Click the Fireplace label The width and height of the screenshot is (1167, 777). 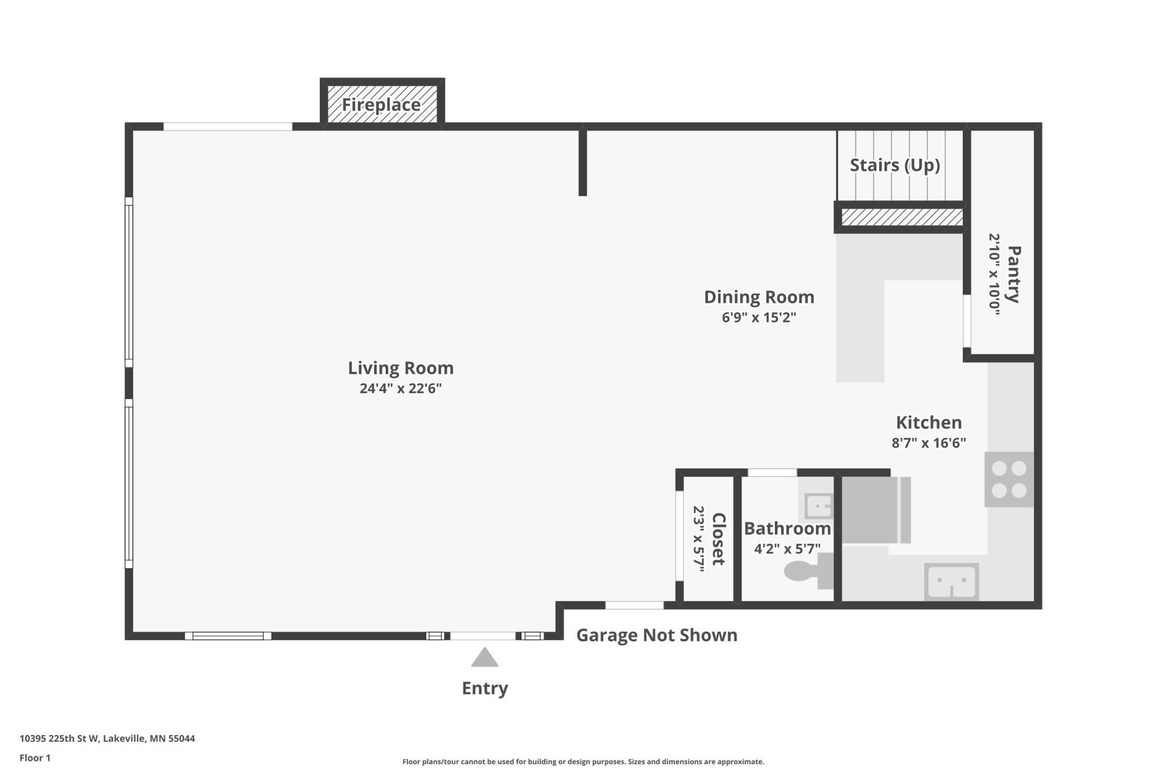(382, 105)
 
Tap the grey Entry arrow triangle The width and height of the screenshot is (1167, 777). (485, 658)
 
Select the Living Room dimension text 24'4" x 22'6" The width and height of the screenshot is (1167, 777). (401, 388)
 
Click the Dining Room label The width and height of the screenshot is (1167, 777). (759, 297)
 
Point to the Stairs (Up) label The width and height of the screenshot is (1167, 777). (895, 165)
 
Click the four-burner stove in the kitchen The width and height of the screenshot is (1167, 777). (1009, 479)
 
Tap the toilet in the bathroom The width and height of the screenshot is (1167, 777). (808, 571)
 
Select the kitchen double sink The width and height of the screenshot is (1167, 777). (952, 582)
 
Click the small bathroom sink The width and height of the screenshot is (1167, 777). (819, 507)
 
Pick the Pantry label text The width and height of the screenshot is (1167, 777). (1014, 274)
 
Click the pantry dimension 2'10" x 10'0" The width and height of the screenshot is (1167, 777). (994, 274)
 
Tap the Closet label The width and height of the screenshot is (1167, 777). (719, 539)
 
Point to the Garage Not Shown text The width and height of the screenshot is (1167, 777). (657, 635)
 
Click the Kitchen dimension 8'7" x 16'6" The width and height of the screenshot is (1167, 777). (929, 443)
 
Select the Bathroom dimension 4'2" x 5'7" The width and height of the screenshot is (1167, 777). (787, 548)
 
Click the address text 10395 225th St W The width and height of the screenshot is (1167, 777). (59, 738)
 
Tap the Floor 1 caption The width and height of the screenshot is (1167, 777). (35, 758)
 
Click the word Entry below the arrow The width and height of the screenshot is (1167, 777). (485, 688)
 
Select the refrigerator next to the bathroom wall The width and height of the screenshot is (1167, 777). (876, 510)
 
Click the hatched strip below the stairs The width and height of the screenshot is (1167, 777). (902, 217)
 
